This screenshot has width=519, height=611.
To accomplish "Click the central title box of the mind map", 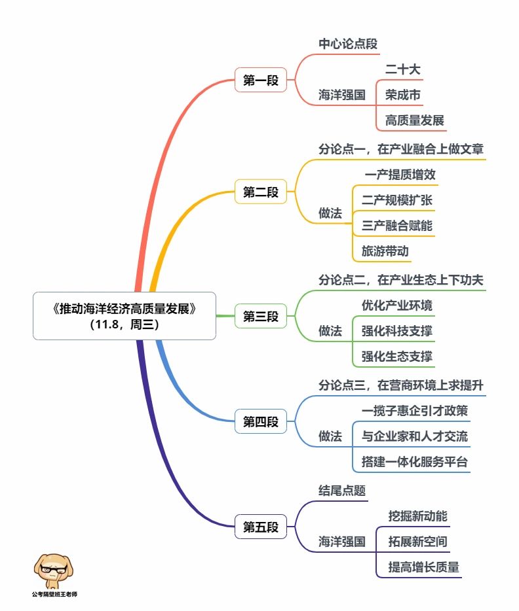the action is tap(124, 315).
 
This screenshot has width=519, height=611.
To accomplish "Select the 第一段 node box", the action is tap(261, 80).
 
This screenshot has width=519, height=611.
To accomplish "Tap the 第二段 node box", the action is tap(261, 192).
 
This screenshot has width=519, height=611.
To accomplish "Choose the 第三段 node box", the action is tap(261, 316).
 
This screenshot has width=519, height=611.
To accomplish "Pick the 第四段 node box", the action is tap(261, 421).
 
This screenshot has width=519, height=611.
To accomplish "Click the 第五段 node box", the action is tap(261, 527).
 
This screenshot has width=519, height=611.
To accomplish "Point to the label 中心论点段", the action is tap(348, 44).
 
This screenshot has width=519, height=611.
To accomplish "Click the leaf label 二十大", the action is tap(403, 69).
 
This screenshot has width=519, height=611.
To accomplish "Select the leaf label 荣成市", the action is tap(403, 95).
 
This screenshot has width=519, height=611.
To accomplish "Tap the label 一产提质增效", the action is tap(400, 175).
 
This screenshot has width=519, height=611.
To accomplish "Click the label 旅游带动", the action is tap(385, 251).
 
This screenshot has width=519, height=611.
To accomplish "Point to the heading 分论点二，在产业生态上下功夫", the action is tap(401, 280).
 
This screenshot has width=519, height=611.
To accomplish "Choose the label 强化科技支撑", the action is tap(397, 331).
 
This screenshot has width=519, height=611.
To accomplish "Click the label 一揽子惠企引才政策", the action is tap(414, 411).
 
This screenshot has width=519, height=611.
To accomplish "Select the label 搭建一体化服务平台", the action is tap(414, 462).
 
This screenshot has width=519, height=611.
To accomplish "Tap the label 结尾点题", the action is tap(342, 491).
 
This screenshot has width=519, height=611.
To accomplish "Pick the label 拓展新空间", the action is tap(417, 542).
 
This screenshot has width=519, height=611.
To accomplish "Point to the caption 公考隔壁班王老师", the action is tap(54, 594).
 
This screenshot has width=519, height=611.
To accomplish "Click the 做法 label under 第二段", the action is tap(330, 213).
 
